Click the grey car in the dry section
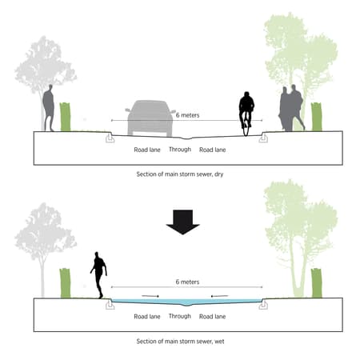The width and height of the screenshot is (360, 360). (x=150, y=118)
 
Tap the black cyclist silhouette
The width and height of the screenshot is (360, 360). (x=246, y=114)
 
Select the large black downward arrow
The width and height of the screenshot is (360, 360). (x=183, y=222)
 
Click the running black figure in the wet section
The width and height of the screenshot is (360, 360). (x=99, y=274)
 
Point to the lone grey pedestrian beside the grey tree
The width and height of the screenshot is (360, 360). (x=49, y=108)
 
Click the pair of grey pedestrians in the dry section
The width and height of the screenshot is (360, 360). (x=291, y=108)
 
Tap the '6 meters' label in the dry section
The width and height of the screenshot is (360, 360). (x=187, y=115)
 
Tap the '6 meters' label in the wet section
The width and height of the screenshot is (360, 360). (x=187, y=282)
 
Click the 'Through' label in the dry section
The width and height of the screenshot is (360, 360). (x=180, y=150)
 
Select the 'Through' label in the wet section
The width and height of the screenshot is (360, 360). (x=180, y=316)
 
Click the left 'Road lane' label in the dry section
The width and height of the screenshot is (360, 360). (x=147, y=150)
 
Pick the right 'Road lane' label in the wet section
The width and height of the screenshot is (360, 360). (x=213, y=317)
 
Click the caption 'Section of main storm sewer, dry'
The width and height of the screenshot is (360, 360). (x=180, y=174)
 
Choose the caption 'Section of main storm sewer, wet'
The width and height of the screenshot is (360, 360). (x=180, y=342)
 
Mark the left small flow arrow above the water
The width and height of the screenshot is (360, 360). (x=150, y=296)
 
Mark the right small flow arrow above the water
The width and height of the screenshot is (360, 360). (x=220, y=296)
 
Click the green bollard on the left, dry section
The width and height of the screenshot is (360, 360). (x=65, y=117)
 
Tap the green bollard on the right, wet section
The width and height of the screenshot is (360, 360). (x=317, y=283)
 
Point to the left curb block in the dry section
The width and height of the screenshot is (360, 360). (x=110, y=138)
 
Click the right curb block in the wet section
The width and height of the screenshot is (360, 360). (x=263, y=305)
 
